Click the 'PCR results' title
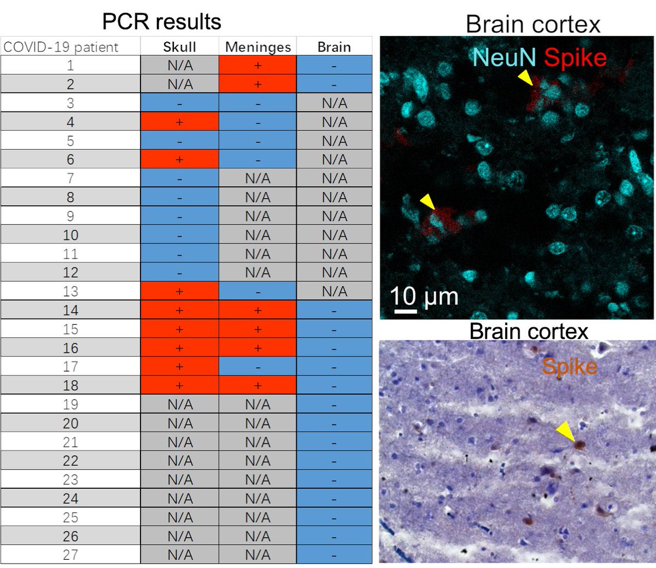tap(162, 22)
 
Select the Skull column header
tap(179, 47)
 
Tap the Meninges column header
tap(257, 47)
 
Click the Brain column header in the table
tap(334, 47)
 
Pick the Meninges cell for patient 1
tap(257, 66)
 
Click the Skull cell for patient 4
tap(179, 122)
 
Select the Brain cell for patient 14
tap(334, 311)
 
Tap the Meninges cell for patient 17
tap(257, 367)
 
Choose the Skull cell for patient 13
tap(179, 291)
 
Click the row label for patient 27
tap(71, 555)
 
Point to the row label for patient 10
tap(71, 235)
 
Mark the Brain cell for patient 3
tap(334, 103)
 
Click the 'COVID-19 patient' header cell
tap(61, 47)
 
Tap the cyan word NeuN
tap(504, 57)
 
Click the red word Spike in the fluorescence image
tap(575, 57)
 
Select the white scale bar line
tap(405, 311)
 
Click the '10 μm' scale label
tap(424, 296)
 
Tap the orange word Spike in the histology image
tap(569, 366)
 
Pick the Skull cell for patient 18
tap(179, 385)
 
